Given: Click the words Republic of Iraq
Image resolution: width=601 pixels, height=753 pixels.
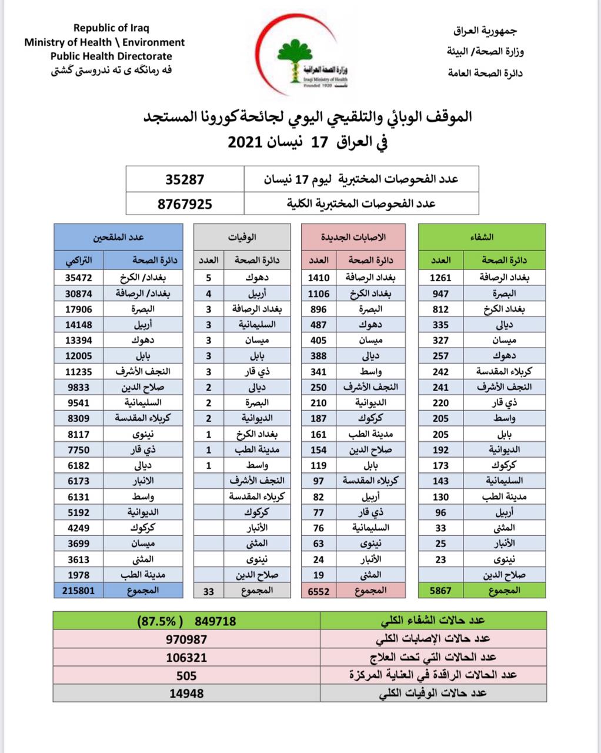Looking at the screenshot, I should [x=111, y=28].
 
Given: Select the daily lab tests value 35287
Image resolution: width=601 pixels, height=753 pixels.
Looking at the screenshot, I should [x=185, y=179].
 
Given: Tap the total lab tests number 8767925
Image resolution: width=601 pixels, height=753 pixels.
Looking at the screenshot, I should [x=185, y=204].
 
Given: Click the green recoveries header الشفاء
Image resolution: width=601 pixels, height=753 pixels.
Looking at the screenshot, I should [x=482, y=237].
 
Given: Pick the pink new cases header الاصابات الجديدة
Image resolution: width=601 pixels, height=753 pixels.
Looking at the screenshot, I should [x=353, y=237].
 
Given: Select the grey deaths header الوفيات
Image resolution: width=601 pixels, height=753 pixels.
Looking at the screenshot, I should [x=242, y=237].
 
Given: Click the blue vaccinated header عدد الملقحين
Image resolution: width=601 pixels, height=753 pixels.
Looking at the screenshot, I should [x=118, y=237].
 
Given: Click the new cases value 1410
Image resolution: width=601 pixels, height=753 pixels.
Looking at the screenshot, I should [x=319, y=278].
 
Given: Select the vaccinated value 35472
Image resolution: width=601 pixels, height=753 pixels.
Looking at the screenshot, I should [x=79, y=278].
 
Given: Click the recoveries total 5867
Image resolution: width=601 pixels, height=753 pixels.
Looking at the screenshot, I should [x=440, y=590].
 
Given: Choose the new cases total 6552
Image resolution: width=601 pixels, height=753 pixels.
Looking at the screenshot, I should [x=319, y=590].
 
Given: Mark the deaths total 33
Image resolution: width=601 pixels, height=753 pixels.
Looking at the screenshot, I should [x=209, y=591].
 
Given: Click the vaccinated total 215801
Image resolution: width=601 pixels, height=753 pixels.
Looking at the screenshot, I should [x=78, y=590].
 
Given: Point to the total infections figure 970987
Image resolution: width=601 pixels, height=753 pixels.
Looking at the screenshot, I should [x=187, y=639].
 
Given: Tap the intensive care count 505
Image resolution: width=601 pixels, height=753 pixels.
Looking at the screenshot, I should [x=186, y=675].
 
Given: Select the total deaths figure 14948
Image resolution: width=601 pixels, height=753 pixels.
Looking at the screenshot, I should [x=186, y=693].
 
